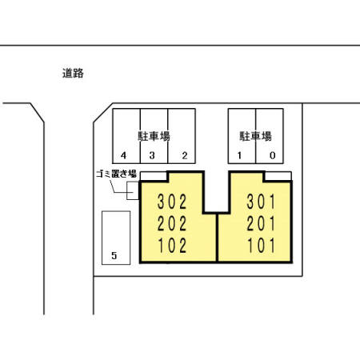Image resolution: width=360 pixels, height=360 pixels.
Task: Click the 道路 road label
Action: pyautogui.click(x=73, y=73)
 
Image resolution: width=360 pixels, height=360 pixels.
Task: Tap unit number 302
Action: pyautogui.click(x=172, y=200)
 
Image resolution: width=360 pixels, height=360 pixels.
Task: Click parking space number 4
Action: pyautogui.click(x=124, y=155)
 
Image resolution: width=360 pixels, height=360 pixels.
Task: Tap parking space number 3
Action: pyautogui.click(x=153, y=155)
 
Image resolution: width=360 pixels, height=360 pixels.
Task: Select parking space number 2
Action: pyautogui.click(x=184, y=155)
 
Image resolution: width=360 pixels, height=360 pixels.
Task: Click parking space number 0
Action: pyautogui.click(x=273, y=155)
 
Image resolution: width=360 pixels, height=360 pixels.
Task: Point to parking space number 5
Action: pyautogui.click(x=115, y=256)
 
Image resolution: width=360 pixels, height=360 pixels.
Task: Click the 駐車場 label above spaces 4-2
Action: pyautogui.click(x=154, y=136)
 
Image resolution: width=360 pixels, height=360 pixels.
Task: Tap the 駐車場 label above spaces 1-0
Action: pyautogui.click(x=256, y=136)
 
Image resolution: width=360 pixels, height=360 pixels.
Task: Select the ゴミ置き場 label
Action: pyautogui.click(x=111, y=174)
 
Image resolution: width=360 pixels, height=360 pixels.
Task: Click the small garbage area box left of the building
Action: pyautogui.click(x=133, y=191)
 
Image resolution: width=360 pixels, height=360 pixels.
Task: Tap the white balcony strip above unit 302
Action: pyautogui.click(x=154, y=176)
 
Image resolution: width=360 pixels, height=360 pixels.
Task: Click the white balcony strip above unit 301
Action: pyautogui.click(x=277, y=176)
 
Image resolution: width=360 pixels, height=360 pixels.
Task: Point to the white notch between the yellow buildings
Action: pyautogui.click(x=212, y=192)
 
